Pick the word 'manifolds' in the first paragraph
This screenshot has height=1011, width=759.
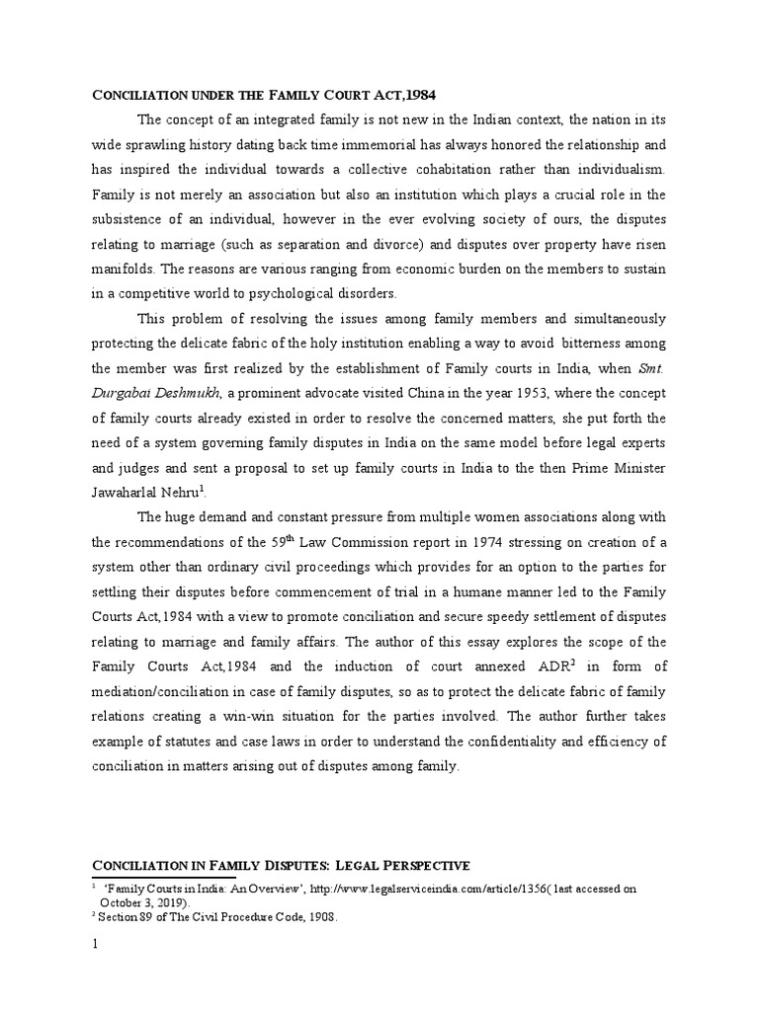pos(123,269)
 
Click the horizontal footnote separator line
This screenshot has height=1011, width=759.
pos(163,877)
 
